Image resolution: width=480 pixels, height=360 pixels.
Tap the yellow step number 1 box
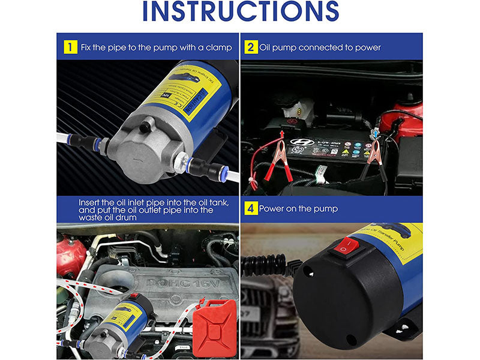coord(71,47)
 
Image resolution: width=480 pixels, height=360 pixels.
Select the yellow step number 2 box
coord(251,47)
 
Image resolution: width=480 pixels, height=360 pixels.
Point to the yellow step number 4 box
coord(251,209)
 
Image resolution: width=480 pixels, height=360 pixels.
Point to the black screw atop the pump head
coord(144,127)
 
